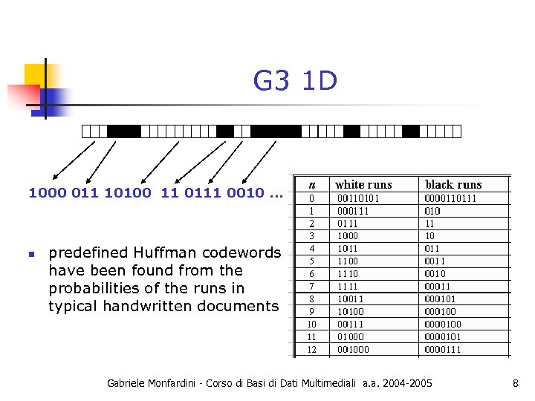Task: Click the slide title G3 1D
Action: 295,81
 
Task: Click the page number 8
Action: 515,383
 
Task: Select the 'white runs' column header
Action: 363,184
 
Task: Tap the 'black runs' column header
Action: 453,184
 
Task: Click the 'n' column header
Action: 312,184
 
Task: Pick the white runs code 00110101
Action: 358,198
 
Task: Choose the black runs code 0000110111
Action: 451,198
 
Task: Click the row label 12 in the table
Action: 312,349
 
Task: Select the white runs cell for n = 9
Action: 351,312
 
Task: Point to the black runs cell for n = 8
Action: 441,299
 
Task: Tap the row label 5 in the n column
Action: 312,261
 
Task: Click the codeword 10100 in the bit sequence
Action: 128,193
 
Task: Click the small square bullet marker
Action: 31,254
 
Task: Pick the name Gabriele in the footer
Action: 129,383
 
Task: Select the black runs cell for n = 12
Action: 443,349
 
